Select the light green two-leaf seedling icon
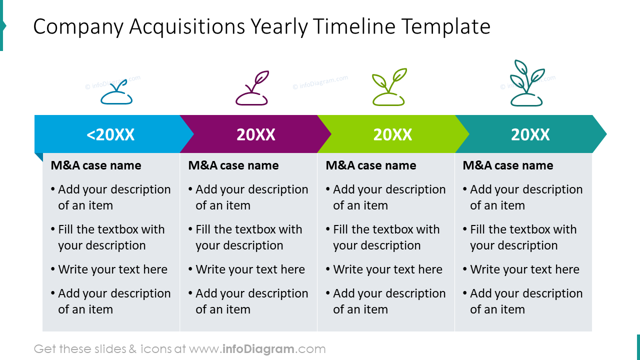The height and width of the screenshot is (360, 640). point(389,88)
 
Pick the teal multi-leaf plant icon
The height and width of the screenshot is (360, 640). point(526,84)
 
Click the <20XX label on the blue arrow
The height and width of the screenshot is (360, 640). point(110,134)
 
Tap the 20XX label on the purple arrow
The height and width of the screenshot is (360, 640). point(256,134)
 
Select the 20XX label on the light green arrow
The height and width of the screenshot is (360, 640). point(392,134)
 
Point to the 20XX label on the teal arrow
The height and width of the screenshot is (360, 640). point(530,134)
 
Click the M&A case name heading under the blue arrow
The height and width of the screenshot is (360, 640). point(96,165)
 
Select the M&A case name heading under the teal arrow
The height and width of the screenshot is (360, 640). point(508,165)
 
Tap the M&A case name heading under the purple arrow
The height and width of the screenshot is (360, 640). point(233,165)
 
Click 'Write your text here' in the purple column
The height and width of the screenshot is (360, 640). point(250,269)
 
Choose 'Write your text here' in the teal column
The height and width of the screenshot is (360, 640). point(524,269)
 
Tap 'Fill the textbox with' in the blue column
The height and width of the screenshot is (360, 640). point(111,229)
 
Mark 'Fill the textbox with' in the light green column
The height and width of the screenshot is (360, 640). point(386,229)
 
